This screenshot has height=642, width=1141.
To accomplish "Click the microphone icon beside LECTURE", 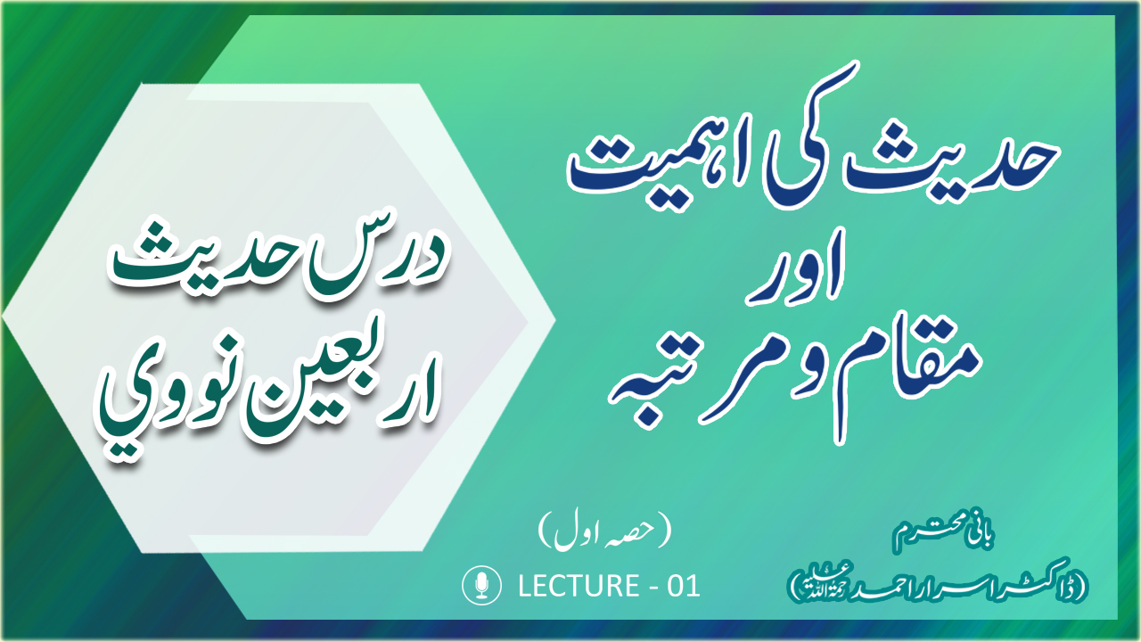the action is coord(481,585).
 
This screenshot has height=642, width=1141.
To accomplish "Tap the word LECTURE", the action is coord(579,586).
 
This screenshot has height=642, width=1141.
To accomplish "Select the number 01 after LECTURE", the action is coord(684,586).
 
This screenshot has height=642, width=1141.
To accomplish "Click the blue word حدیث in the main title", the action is coord(950,163).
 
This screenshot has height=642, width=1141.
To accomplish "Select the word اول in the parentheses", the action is coord(576,535).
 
